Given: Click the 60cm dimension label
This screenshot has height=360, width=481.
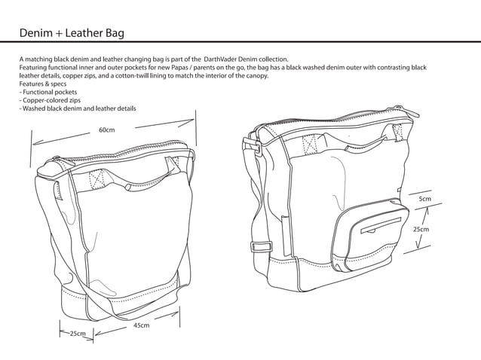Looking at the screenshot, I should coord(106,130).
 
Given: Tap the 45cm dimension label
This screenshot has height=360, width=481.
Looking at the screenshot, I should coord(141,326).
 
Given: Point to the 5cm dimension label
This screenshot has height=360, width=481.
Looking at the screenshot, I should coord(425,199).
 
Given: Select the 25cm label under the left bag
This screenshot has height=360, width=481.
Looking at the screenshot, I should coord(78,333).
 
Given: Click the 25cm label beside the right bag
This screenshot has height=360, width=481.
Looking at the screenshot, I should coord(421,229).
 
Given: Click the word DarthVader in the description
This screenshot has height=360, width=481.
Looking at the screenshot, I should coord(225,59).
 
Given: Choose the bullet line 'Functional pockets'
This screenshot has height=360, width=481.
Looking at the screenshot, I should coord(50,92).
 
